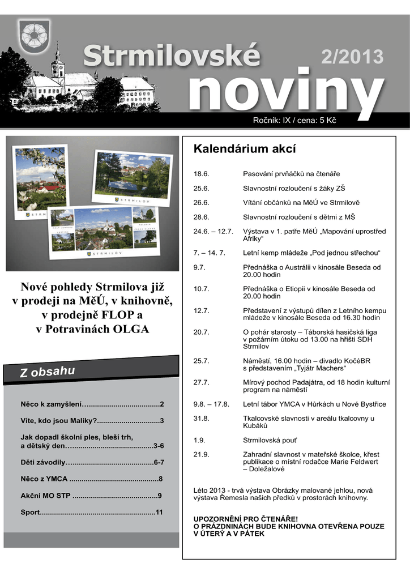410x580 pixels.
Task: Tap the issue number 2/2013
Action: [x=352, y=57]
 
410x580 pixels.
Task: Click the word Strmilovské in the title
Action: [x=172, y=57]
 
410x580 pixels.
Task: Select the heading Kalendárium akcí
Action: [x=245, y=150]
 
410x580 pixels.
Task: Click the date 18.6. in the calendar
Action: [x=202, y=173]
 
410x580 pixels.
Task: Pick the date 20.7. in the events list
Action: [x=202, y=332]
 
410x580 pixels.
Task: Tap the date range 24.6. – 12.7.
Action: [x=213, y=231]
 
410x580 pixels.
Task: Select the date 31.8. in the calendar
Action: [x=202, y=418]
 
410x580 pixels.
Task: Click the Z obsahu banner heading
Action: [x=48, y=372]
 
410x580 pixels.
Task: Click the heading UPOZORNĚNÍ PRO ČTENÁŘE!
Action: [x=245, y=519]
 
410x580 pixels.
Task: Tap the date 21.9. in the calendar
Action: [x=202, y=454]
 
